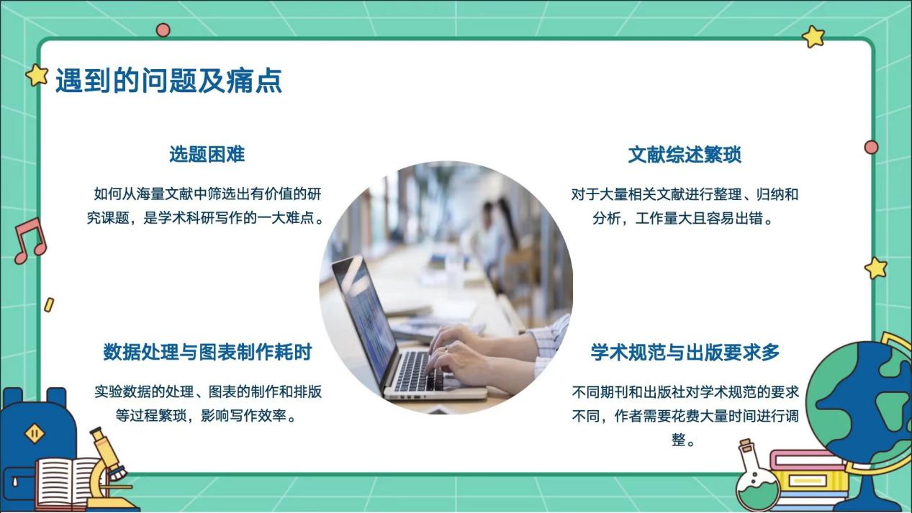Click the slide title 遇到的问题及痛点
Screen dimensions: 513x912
coord(168,81)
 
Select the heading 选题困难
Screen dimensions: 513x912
coord(207,154)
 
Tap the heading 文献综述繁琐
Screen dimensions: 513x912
coord(685,155)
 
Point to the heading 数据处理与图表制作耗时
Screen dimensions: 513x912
coord(207,353)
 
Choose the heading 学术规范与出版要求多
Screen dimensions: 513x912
coord(685,353)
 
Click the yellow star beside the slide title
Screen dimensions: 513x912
coord(37,74)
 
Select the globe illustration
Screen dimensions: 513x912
coord(861,403)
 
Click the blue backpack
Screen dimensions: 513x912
coord(36,432)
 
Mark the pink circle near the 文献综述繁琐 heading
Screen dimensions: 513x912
coord(871,147)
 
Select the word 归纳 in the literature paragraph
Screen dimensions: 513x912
coord(769,194)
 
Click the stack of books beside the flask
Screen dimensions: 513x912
coord(806,478)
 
